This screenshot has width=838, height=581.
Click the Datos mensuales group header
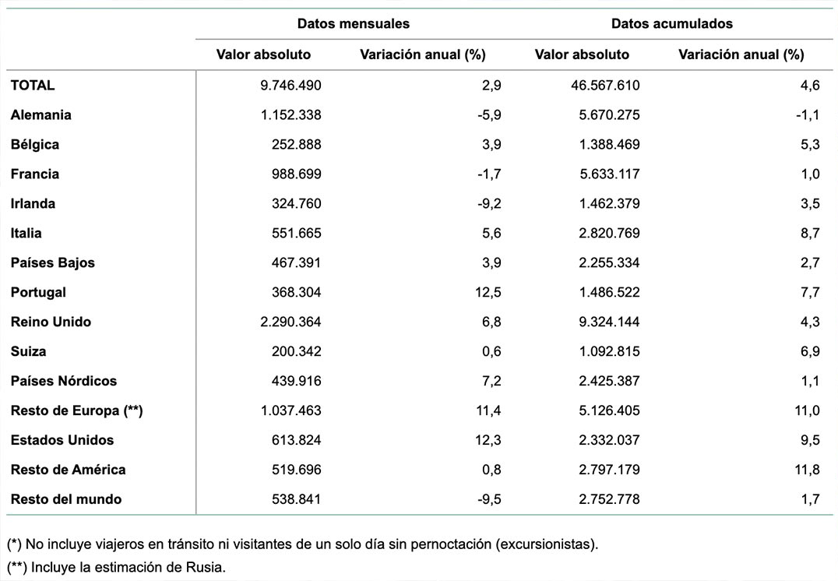(x=354, y=23)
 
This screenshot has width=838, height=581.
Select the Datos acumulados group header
(x=672, y=23)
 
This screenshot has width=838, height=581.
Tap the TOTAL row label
(x=33, y=86)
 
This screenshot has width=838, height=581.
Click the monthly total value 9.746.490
(x=290, y=86)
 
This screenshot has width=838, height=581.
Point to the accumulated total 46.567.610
(x=605, y=86)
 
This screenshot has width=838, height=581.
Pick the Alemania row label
(x=40, y=115)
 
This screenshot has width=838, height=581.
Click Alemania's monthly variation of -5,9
(x=489, y=115)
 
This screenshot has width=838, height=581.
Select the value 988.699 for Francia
(x=296, y=174)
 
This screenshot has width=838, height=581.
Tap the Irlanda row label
(x=33, y=203)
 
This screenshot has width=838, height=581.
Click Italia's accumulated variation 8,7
(x=810, y=233)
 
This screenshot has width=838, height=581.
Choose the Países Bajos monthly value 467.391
(x=296, y=263)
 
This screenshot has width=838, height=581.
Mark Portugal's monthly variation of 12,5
(x=488, y=292)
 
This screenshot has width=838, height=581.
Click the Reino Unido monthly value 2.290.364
(x=290, y=322)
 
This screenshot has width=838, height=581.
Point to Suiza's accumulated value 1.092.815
(x=609, y=352)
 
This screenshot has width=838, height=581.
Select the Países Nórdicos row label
(x=64, y=381)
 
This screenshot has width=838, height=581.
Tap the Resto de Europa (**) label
(x=76, y=410)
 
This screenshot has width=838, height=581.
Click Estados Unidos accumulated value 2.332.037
(x=609, y=441)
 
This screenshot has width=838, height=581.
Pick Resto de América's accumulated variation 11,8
(x=807, y=470)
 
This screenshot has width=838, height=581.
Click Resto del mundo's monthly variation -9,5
(x=489, y=499)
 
